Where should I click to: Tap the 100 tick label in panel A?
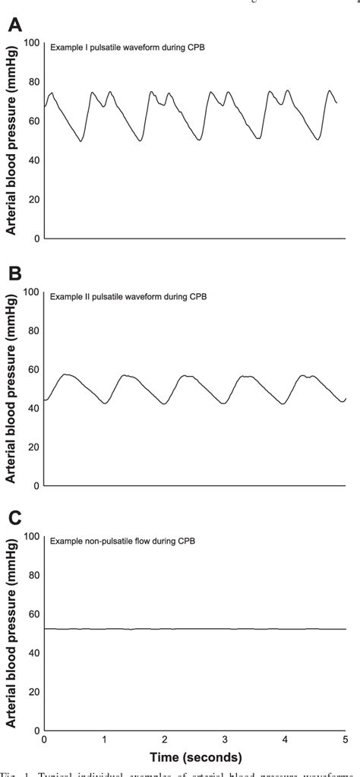point(30,43)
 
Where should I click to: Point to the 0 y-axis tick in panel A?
point(35,238)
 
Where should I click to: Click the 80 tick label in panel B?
point(32,330)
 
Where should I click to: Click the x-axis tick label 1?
point(104,739)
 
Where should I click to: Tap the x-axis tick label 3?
point(225,739)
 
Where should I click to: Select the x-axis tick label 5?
point(346,739)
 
